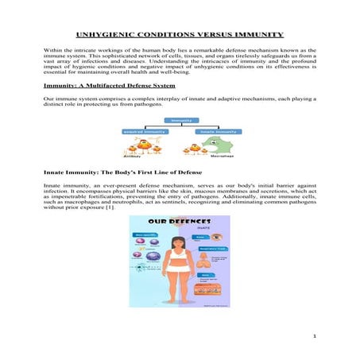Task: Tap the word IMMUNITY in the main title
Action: [266, 35]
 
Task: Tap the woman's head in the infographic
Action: [180, 241]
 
